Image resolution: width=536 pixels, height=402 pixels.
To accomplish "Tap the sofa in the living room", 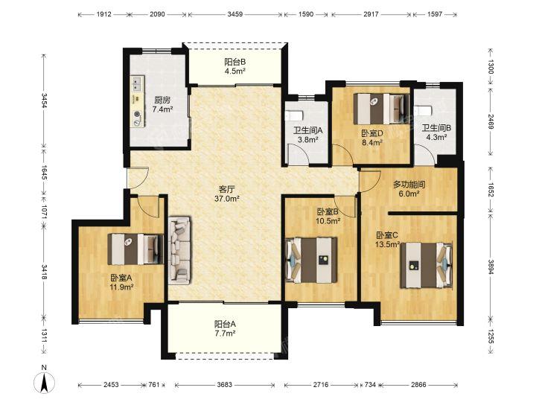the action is pos(179,251).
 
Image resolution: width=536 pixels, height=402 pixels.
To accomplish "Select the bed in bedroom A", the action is pos(135,249).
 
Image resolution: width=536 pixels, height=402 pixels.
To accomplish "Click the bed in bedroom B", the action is pos(311,260).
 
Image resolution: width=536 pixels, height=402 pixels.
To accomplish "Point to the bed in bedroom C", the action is pos(427,265).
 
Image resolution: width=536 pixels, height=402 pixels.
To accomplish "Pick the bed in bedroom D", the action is pos(381,109).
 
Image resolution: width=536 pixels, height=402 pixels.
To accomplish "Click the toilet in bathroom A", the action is pos(293,115).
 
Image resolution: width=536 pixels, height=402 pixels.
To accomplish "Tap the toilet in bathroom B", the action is pos(423,111).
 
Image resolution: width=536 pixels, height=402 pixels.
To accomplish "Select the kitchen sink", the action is pos(137,84).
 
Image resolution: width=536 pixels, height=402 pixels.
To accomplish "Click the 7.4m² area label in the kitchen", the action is pos(162,109).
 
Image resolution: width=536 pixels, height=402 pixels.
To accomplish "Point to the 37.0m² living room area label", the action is pos(226,198).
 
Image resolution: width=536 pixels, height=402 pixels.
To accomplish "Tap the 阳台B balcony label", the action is pos(235,62).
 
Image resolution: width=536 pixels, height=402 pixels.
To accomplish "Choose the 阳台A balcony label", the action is pos(225,324).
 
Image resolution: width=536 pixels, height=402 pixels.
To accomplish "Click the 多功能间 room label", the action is pos(409,185).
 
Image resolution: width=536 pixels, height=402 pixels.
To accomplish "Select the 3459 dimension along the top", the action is pos(234,14).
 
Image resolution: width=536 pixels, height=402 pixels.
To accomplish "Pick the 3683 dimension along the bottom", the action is pos(225,385).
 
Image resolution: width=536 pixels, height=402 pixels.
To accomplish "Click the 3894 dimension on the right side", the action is pos(491,267).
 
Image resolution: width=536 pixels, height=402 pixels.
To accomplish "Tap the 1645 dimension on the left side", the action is pos(44,172).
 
